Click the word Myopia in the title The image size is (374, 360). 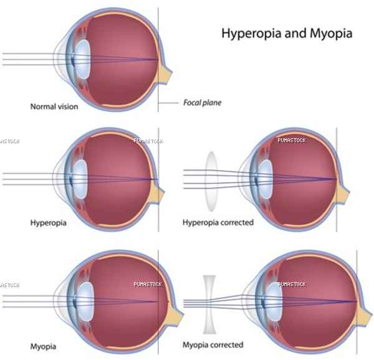pos(331,34)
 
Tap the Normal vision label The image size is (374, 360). pos(54,107)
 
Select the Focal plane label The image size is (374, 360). pos(202,103)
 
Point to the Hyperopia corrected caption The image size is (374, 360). pos(218,222)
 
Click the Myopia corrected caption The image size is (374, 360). pos(213,345)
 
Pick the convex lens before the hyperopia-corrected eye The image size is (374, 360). pos(211,181)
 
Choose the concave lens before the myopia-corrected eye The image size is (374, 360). pos(209,305)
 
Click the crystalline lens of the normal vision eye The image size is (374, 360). pos(82,59)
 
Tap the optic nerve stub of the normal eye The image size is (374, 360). pos(165,74)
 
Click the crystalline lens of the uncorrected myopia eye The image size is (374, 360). pos(85,301)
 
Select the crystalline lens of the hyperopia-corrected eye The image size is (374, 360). pos(266,179)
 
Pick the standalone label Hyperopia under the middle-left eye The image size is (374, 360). pos(48,223)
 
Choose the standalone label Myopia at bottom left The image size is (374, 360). pos(43,347)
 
